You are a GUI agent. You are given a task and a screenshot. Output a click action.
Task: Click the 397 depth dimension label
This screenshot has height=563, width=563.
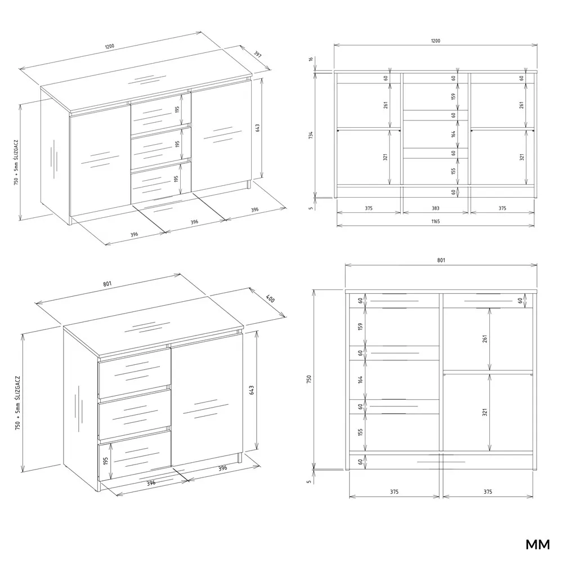click(258, 55)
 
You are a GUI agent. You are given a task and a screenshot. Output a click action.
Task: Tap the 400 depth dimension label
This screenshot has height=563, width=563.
click(270, 299)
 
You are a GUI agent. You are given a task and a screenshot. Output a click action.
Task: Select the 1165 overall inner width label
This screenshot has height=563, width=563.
click(435, 221)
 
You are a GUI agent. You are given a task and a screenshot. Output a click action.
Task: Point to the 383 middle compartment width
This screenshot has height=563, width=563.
click(436, 208)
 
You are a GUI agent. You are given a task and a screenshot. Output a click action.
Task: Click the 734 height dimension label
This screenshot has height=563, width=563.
click(311, 135)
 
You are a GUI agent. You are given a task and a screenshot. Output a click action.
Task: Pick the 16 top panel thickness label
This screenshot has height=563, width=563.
click(311, 59)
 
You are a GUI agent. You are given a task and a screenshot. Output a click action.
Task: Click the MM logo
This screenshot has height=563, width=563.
click(538, 544)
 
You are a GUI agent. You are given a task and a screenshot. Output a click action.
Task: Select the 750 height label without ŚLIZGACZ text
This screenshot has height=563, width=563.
click(309, 379)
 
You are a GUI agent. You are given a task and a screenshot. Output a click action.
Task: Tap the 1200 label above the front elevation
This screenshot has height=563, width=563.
click(435, 41)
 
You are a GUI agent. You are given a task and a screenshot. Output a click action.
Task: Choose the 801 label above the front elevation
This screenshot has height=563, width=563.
click(441, 260)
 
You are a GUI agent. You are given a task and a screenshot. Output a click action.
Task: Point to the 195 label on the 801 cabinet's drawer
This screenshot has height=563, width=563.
click(106, 461)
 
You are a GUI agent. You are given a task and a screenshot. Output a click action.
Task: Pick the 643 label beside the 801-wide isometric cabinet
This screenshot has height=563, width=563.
click(251, 390)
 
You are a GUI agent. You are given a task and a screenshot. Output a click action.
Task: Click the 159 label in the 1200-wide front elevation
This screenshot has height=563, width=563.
click(453, 97)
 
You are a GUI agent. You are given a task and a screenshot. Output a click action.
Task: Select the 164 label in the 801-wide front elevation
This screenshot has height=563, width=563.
click(360, 379)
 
